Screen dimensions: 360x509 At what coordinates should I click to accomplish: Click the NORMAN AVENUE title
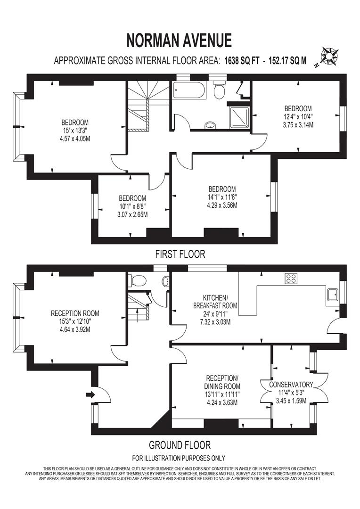click(x=179, y=40)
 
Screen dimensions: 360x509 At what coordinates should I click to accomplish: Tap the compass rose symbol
click(x=329, y=57)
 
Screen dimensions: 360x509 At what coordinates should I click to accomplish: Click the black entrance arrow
click(x=90, y=395)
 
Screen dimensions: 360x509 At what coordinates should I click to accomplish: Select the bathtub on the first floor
click(x=189, y=90)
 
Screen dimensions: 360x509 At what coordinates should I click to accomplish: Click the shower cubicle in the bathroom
click(x=239, y=117)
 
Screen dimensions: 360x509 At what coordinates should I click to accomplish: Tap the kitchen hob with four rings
click(x=291, y=278)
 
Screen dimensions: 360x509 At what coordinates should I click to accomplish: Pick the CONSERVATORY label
click(x=291, y=385)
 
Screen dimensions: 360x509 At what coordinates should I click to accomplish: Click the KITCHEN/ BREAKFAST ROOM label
click(x=215, y=302)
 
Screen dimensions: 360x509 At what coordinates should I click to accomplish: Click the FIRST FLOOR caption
click(x=180, y=254)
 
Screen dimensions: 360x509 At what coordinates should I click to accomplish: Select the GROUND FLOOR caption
click(x=180, y=444)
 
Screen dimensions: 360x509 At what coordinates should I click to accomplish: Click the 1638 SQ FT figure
click(x=242, y=61)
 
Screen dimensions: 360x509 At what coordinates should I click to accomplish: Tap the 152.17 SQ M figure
click(x=287, y=61)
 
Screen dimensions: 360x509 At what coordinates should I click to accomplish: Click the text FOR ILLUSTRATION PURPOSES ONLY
click(x=179, y=459)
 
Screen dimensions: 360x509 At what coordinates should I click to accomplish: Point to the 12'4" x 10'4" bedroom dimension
click(x=298, y=116)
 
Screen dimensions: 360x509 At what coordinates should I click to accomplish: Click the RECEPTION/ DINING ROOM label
click(x=222, y=382)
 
